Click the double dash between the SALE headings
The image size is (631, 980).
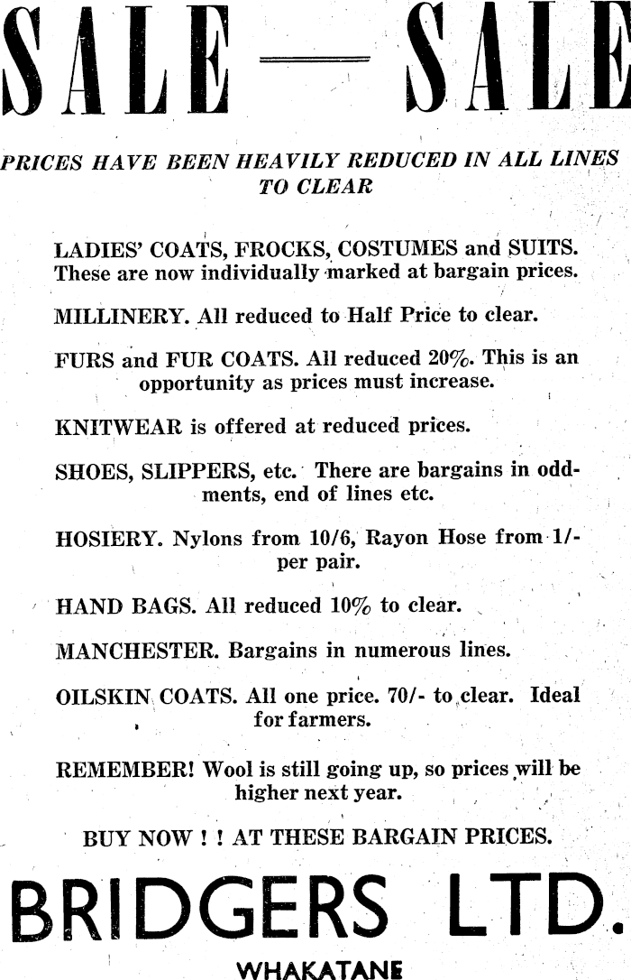click(314, 60)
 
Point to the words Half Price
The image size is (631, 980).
click(399, 317)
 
